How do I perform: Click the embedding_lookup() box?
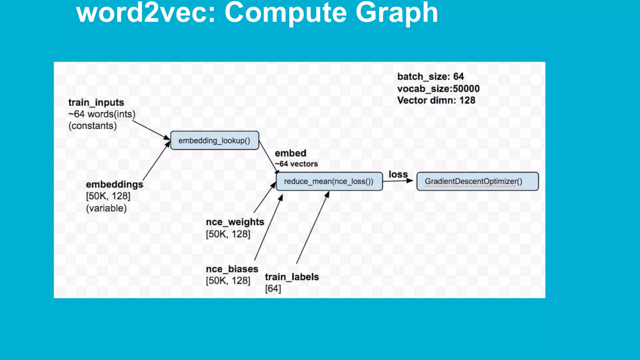pyautogui.click(x=214, y=141)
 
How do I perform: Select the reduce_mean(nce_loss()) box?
pyautogui.click(x=329, y=181)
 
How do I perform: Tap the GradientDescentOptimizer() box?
pyautogui.click(x=477, y=181)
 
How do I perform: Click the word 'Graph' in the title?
pyautogui.click(x=397, y=13)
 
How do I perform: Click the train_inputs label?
pyautogui.click(x=96, y=102)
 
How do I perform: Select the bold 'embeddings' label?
pyautogui.click(x=114, y=184)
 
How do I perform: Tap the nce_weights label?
pyautogui.click(x=235, y=222)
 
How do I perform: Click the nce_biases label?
pyautogui.click(x=232, y=269)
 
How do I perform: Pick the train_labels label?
pyautogui.click(x=292, y=277)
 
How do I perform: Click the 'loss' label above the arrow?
pyautogui.click(x=398, y=174)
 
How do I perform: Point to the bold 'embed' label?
pyautogui.click(x=290, y=153)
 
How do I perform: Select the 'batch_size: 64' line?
pyautogui.click(x=430, y=77)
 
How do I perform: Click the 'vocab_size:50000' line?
pyautogui.click(x=438, y=89)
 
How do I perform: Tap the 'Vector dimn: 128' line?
pyautogui.click(x=436, y=100)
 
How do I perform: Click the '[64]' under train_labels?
pyautogui.click(x=273, y=288)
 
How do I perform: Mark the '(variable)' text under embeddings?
pyautogui.click(x=106, y=208)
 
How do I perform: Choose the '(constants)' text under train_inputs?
pyautogui.click(x=92, y=126)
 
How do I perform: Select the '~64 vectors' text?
pyautogui.click(x=296, y=164)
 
